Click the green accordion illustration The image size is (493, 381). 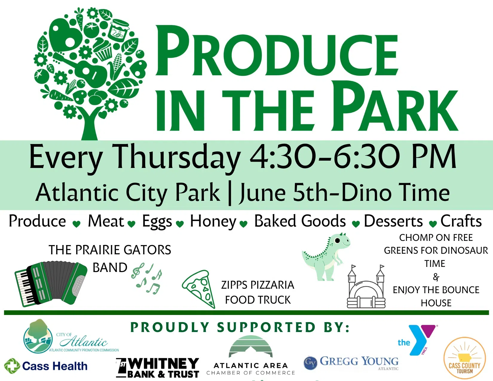[x=51, y=283]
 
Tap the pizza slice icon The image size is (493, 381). [x=199, y=289]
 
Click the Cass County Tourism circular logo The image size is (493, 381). [x=465, y=358]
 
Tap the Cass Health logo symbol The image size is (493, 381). [x=12, y=366]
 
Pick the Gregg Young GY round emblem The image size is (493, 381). [x=310, y=363]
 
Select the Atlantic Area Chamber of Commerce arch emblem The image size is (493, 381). [x=250, y=347]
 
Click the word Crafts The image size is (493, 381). [x=461, y=221]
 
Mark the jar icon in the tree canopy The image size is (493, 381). [x=119, y=29]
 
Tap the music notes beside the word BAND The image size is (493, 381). [x=147, y=279]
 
